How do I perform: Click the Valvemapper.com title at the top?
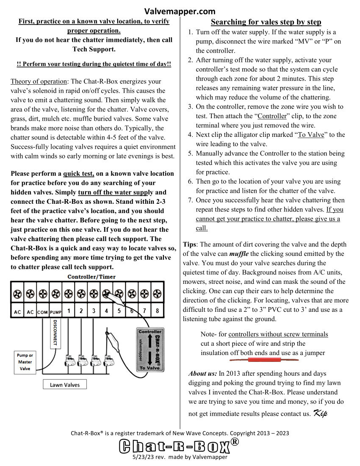(180, 11)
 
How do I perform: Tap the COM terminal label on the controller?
(42, 312)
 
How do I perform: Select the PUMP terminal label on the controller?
(55, 312)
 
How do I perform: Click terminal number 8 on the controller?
(157, 311)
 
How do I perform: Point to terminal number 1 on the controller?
(68, 311)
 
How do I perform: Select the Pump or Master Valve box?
(25, 362)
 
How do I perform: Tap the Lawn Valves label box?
(65, 385)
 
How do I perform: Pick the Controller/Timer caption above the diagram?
(91, 277)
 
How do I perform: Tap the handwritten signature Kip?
(321, 413)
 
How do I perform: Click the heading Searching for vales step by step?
(266, 22)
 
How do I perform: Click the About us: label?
(202, 374)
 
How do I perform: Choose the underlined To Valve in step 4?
(309, 135)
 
